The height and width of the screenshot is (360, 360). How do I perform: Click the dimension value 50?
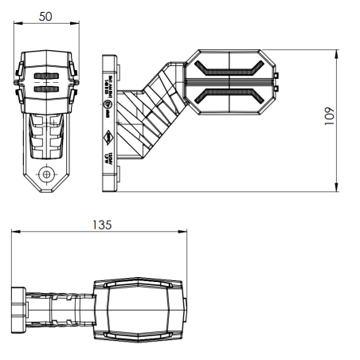46,17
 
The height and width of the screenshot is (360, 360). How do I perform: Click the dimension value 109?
348,118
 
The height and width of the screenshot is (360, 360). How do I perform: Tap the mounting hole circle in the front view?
47,174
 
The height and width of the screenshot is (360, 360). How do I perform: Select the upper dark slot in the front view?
46,77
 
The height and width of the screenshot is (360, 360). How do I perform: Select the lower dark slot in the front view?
46,89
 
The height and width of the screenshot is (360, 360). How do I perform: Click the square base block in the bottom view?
18,307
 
